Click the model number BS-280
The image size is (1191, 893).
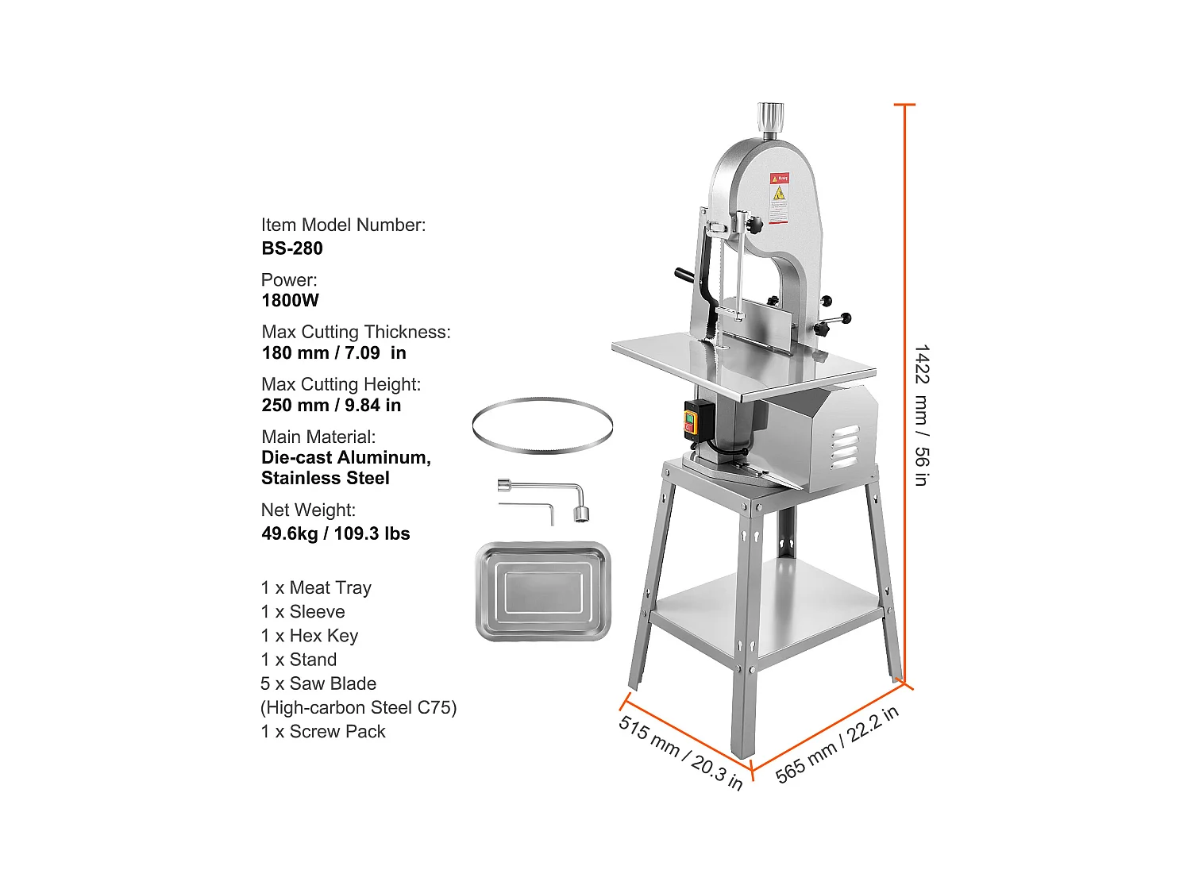(292, 248)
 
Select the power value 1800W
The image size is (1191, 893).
(290, 301)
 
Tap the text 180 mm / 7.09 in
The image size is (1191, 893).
(333, 353)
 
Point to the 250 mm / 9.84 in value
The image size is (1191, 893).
(331, 406)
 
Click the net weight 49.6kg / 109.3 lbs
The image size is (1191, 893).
(335, 533)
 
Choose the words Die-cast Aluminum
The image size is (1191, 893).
(345, 458)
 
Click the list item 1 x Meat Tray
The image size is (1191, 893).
(316, 588)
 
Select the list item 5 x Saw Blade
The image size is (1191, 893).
(318, 683)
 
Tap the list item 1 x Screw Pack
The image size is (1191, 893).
(323, 732)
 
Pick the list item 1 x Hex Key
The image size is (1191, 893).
(310, 636)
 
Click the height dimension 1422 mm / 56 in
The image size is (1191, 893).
(921, 415)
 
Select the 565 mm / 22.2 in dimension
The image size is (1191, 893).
(836, 745)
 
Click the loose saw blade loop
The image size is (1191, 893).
(542, 426)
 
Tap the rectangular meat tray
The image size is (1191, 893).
(543, 591)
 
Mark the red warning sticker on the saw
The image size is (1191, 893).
(780, 198)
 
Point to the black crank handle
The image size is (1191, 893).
(684, 275)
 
